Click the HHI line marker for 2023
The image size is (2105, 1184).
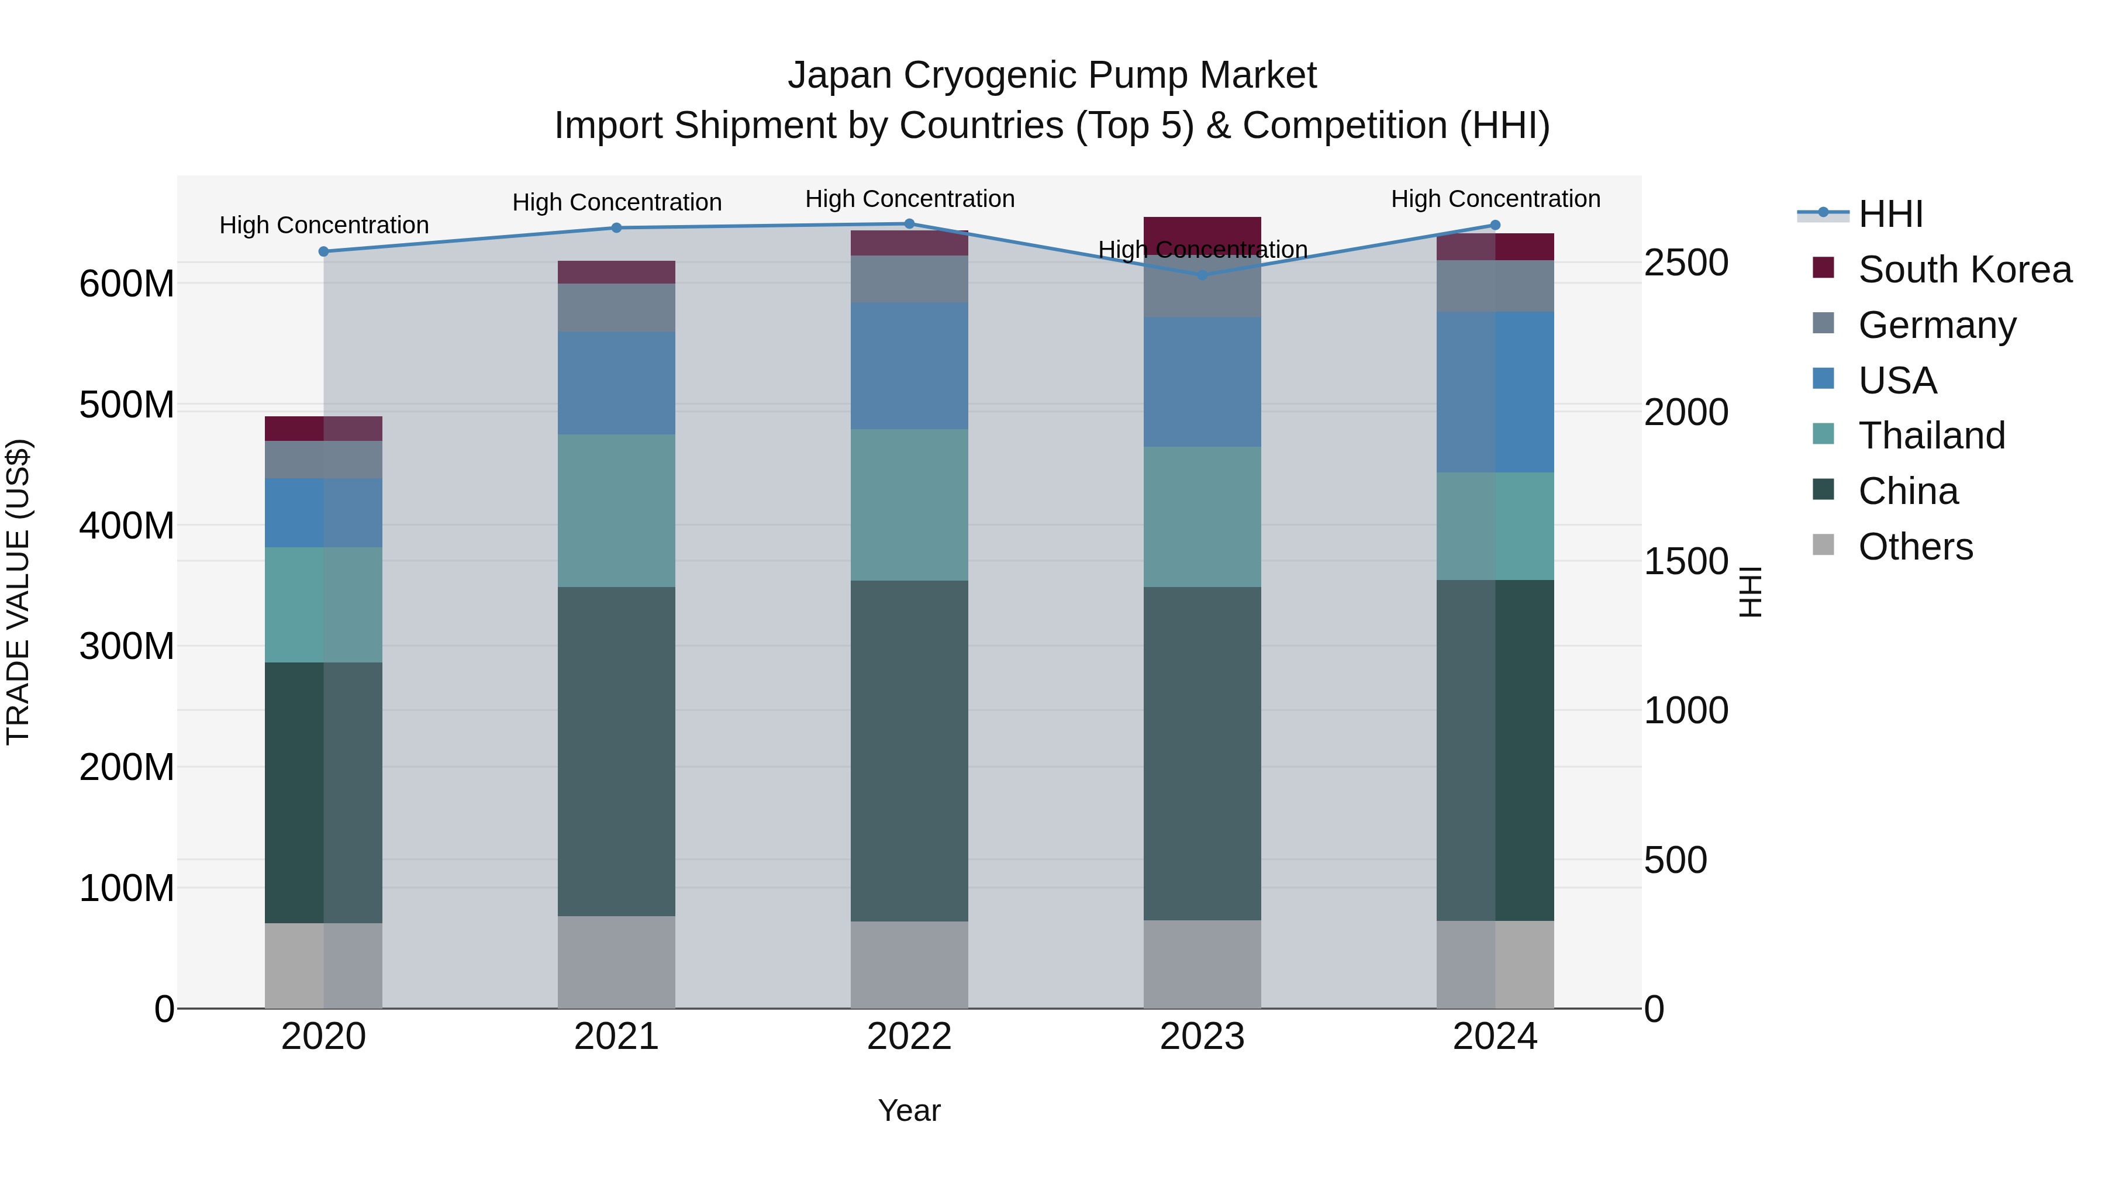pos(1202,275)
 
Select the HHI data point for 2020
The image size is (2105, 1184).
pos(323,251)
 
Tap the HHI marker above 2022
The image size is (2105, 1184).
pos(909,224)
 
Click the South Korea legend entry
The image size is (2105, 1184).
pos(1965,270)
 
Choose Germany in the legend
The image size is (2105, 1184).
pos(1937,325)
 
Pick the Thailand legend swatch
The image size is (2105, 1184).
pos(1823,434)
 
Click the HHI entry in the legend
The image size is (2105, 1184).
pos(1890,214)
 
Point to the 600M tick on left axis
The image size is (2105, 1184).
pos(127,284)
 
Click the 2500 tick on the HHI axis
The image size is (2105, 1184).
pos(1686,263)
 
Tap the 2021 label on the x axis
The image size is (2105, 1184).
pos(616,1037)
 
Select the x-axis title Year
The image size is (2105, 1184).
pos(909,1110)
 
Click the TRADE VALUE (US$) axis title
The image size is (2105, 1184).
pos(18,592)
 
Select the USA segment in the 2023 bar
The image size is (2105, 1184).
pos(1202,382)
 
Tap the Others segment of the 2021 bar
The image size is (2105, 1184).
pos(616,962)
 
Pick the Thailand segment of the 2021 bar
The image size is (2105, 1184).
pos(616,510)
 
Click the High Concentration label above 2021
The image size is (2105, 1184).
pos(617,203)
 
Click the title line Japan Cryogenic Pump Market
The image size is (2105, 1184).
pos(1052,76)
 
